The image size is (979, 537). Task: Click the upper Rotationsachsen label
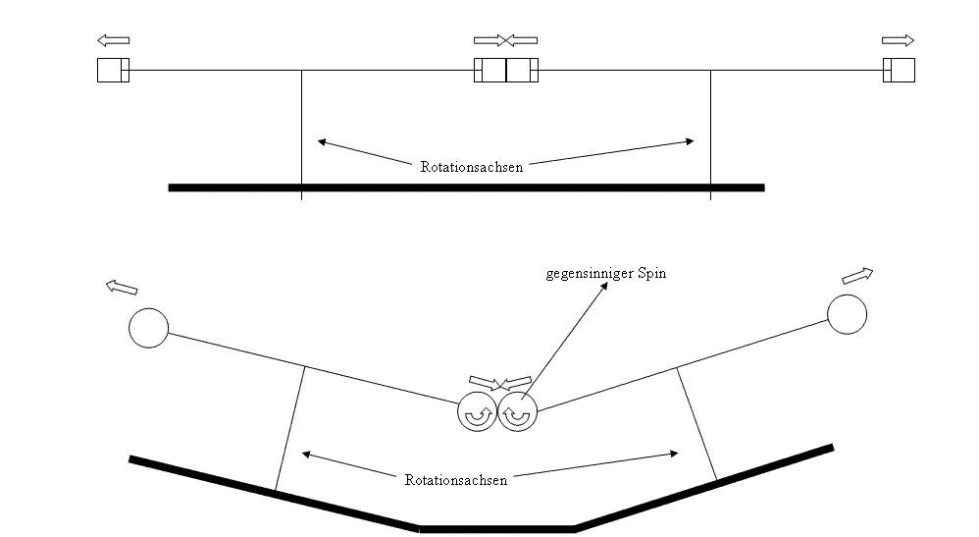[x=472, y=167]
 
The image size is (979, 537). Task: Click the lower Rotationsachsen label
[x=456, y=480]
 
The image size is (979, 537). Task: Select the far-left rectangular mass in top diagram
[x=113, y=70]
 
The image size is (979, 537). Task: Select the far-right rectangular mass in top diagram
[x=900, y=70]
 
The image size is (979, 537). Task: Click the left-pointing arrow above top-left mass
[x=113, y=40]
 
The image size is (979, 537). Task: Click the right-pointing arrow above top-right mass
[x=898, y=40]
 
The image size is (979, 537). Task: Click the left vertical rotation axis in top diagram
[x=301, y=134]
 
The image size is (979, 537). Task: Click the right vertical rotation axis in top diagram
[x=710, y=134]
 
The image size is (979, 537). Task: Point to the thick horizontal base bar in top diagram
[x=466, y=188]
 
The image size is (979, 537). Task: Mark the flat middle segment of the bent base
[x=496, y=529]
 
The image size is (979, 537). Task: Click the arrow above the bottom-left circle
[x=121, y=288]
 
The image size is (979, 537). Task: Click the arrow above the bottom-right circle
[x=857, y=276]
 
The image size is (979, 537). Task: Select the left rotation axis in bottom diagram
[x=289, y=428]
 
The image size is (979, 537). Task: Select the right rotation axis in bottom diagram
[x=696, y=424]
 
